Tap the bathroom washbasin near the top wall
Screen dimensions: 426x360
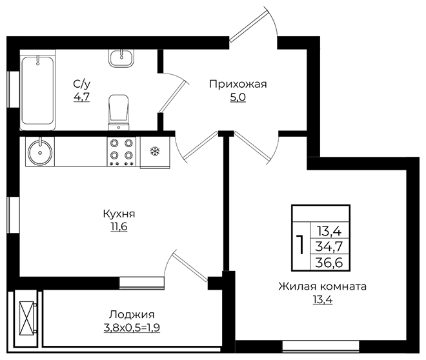tap(121, 58)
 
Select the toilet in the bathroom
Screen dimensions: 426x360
tap(119, 112)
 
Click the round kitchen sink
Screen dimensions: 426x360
tap(40, 152)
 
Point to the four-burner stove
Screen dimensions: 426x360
tap(121, 151)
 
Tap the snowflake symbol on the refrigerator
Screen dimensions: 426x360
tap(155, 151)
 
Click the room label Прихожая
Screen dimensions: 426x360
tap(238, 84)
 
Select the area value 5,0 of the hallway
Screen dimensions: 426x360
tap(238, 97)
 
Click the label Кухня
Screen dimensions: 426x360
tap(119, 214)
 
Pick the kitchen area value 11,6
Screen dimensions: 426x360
tap(119, 226)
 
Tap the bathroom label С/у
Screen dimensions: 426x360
tap(81, 84)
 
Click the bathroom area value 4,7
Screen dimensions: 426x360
tap(81, 97)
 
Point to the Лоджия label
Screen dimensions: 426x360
tap(132, 315)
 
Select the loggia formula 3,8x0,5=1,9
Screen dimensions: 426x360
tap(132, 328)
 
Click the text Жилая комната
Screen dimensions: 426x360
tap(323, 286)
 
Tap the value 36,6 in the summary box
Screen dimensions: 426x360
tap(329, 263)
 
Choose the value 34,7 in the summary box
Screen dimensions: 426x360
tap(329, 247)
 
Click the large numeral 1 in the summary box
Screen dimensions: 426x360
tap(301, 245)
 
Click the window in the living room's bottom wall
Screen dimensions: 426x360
tap(321, 346)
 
